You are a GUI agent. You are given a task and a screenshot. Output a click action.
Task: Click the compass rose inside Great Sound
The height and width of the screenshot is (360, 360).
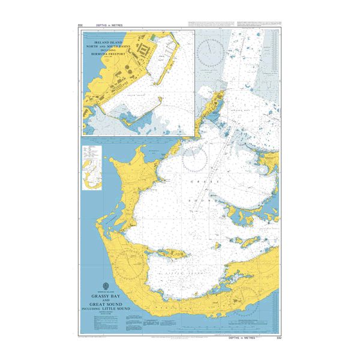pyautogui.click(x=195, y=158)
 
